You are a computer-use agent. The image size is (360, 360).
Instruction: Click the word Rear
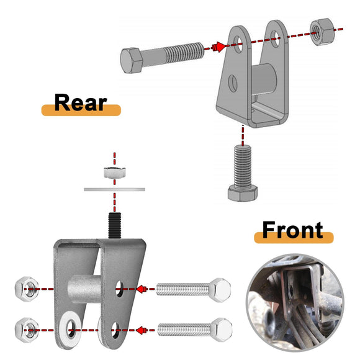coord(80,102)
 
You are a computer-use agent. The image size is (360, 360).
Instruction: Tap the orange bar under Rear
coord(81,112)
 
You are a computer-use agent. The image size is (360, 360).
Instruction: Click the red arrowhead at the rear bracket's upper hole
coord(218,47)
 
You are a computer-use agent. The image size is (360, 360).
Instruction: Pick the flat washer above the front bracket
coord(113,187)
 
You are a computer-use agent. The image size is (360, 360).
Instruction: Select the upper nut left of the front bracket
coord(25,289)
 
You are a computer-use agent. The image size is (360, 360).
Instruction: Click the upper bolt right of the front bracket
coord(192,289)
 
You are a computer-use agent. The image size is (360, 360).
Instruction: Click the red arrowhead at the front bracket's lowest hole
coord(141,330)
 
